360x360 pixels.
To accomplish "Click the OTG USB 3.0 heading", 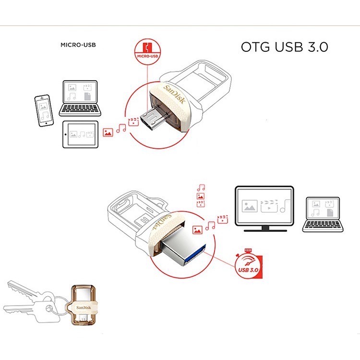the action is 284,47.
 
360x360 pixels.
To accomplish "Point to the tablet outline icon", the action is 80,135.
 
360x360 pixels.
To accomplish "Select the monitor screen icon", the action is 264,206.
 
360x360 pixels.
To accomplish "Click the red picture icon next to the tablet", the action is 108,131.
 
